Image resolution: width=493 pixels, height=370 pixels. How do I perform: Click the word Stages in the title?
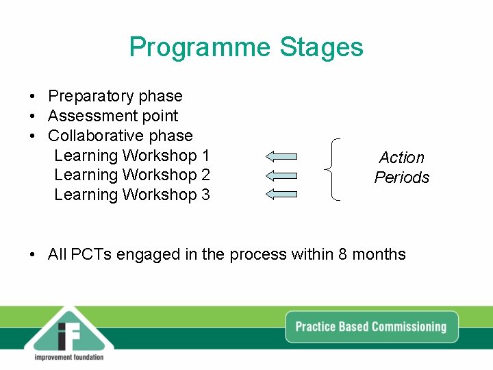pyautogui.click(x=321, y=48)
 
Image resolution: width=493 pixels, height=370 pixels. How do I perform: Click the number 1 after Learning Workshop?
pyautogui.click(x=205, y=156)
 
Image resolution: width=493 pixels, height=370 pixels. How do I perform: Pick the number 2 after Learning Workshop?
pyautogui.click(x=205, y=175)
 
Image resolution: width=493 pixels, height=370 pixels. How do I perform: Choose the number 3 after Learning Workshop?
pyautogui.click(x=205, y=195)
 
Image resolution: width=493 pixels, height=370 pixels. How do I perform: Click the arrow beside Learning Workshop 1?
pyautogui.click(x=281, y=156)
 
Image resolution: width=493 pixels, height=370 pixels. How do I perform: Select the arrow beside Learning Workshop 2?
pyautogui.click(x=281, y=175)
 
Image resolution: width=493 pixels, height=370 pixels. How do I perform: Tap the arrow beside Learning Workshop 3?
pyautogui.click(x=281, y=195)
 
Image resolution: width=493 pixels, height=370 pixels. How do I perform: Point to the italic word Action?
pyautogui.click(x=402, y=158)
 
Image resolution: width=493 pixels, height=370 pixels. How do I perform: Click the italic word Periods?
pyautogui.click(x=402, y=177)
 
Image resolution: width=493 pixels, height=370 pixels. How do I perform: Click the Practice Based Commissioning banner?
pyautogui.click(x=370, y=327)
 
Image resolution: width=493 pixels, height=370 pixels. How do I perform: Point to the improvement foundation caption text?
pyautogui.click(x=68, y=357)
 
